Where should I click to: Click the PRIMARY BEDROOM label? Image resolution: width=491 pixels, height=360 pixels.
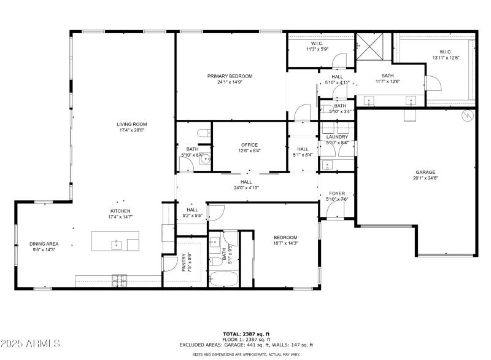(x=230, y=76)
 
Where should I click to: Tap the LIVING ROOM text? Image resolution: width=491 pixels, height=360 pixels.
(x=132, y=124)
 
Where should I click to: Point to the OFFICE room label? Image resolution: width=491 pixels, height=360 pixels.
(x=249, y=145)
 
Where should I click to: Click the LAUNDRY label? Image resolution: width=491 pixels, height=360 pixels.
(x=337, y=137)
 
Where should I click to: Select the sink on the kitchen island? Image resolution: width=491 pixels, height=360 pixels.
(x=116, y=245)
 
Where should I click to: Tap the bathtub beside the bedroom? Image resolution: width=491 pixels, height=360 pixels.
(x=222, y=280)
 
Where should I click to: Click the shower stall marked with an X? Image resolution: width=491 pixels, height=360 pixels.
(x=370, y=45)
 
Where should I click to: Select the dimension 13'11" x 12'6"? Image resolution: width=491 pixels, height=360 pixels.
(x=446, y=58)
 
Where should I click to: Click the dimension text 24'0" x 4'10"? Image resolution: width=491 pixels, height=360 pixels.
(x=246, y=188)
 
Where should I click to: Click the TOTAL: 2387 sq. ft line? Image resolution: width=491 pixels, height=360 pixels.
(x=245, y=333)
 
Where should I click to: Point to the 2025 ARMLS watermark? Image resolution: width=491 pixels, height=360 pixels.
(x=31, y=342)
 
